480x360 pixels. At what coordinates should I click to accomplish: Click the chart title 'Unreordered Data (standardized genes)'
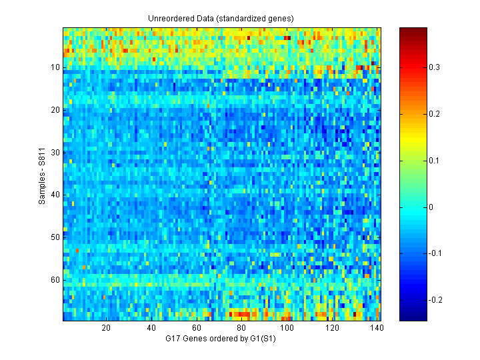[x=221, y=18]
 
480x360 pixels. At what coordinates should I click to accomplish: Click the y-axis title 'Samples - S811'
[x=42, y=173]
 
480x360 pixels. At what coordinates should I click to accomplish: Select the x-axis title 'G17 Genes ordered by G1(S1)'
[x=221, y=339]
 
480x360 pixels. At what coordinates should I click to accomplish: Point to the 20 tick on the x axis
[x=106, y=328]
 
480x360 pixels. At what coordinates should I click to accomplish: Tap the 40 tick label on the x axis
[x=151, y=328]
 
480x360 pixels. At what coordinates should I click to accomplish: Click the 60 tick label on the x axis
[x=197, y=328]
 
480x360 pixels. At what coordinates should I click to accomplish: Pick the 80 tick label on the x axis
[x=242, y=328]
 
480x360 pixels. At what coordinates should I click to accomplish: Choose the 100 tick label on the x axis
[x=287, y=328]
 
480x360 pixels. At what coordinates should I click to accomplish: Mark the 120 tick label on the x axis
[x=333, y=328]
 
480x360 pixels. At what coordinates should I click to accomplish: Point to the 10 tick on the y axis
[x=55, y=67]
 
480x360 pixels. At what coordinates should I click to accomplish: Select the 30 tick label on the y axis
[x=55, y=152]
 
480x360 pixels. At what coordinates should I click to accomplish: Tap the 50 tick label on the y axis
[x=55, y=237]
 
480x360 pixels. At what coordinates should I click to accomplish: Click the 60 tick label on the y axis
[x=55, y=279]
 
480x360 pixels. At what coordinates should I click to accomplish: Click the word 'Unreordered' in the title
[x=169, y=18]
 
